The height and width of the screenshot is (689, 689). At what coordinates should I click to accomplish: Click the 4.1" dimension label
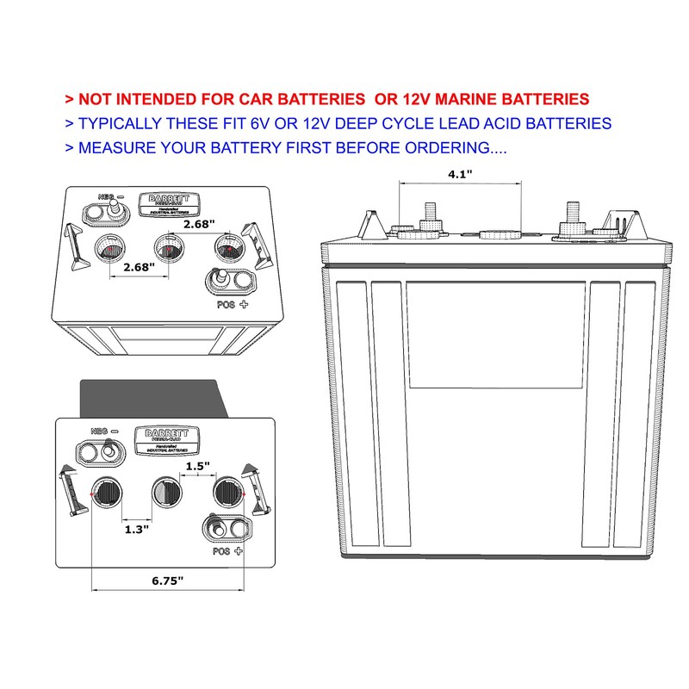pos(460,173)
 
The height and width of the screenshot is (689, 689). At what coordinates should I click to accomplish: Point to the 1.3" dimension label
pos(136,529)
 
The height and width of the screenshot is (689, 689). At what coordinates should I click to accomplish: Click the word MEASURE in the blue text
pos(115,147)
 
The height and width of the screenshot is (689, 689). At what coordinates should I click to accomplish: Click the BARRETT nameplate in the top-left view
pos(170,203)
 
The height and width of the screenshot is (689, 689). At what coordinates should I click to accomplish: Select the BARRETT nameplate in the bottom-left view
pos(166,440)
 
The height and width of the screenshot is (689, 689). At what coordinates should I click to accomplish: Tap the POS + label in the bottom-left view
pos(227,549)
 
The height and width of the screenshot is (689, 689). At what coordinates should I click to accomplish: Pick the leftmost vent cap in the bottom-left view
pos(108,493)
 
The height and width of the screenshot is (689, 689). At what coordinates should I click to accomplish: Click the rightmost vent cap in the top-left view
pos(229,251)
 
